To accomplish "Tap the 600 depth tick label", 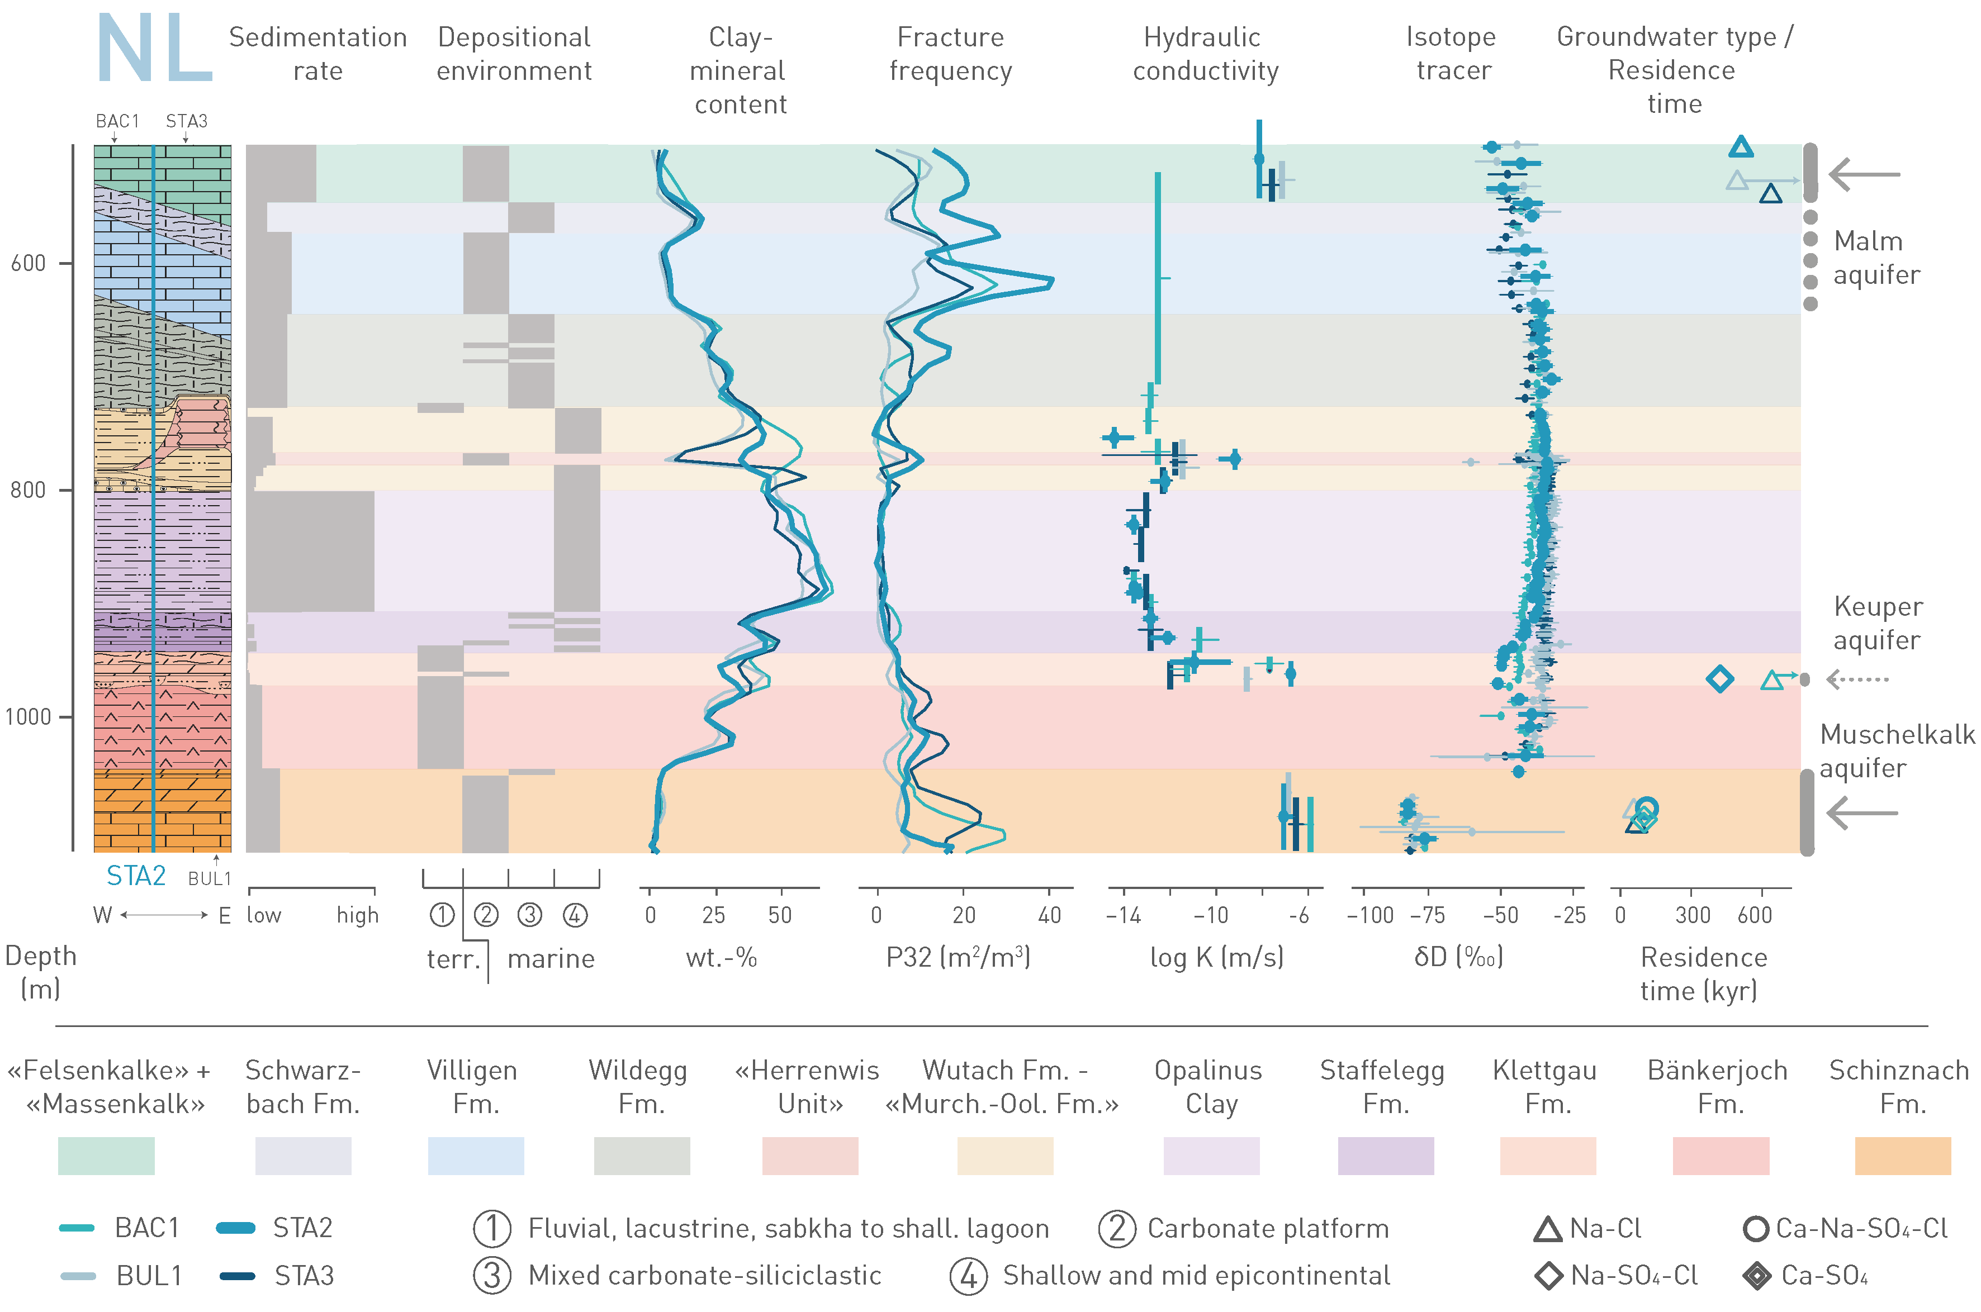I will click(29, 264).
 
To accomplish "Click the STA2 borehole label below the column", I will click(136, 876).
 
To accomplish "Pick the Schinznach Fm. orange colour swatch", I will click(1902, 1156).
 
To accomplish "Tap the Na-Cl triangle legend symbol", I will click(1547, 1229).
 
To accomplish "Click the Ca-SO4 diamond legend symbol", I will click(1757, 1276).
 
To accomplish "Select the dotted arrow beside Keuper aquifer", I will click(1858, 679).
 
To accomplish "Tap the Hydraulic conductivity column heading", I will click(1205, 54).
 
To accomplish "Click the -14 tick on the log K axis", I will click(1123, 915).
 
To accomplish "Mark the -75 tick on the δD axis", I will click(1427, 915).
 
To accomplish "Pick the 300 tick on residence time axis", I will click(1692, 915).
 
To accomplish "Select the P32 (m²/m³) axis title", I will click(958, 957).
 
